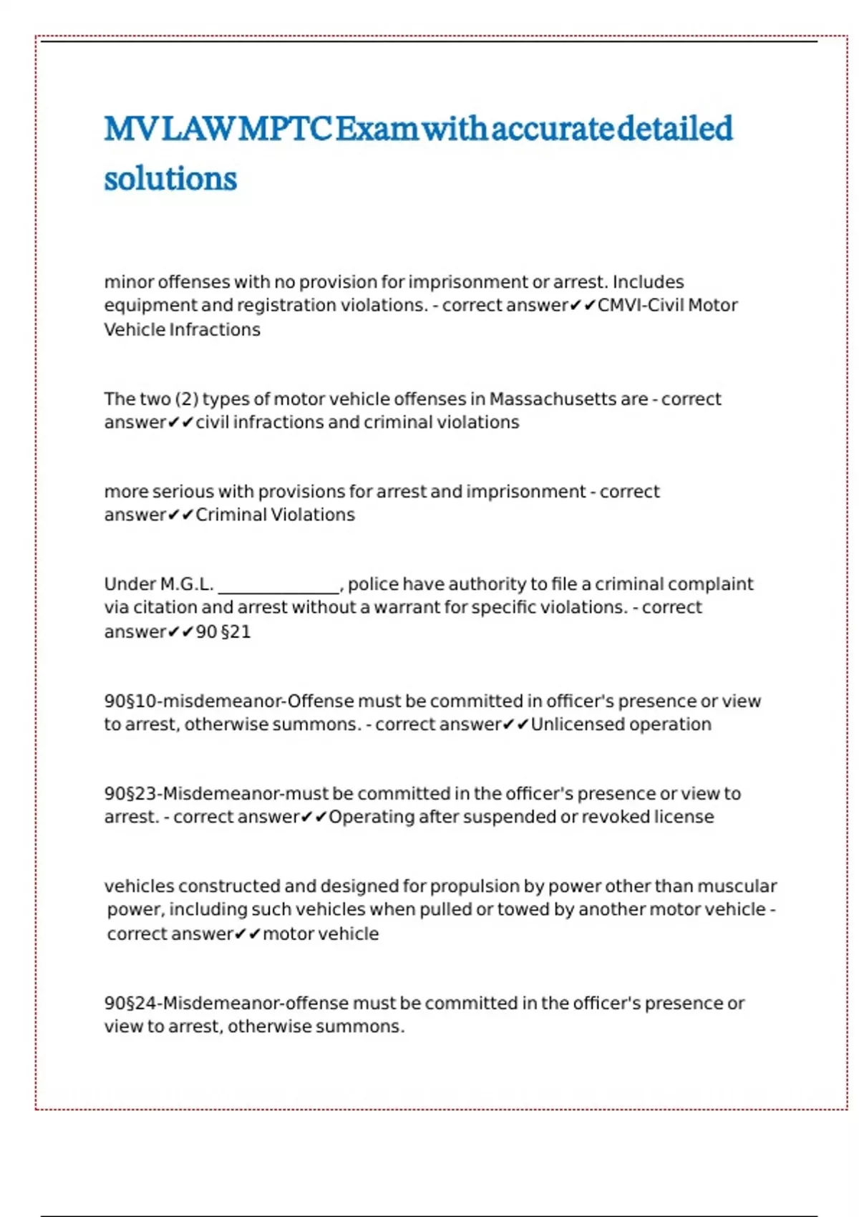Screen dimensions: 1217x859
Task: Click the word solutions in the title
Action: (170, 178)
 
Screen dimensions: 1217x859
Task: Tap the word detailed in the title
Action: (674, 129)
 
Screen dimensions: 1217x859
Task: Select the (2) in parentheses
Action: (187, 399)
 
